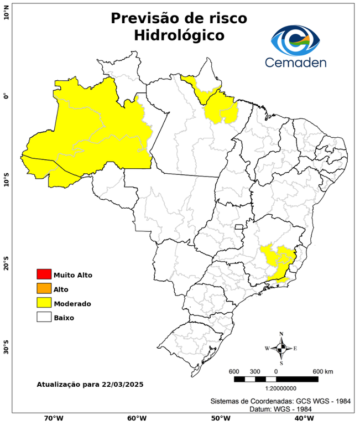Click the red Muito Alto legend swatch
(44, 274)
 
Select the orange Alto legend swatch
(44, 288)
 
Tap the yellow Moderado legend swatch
(44, 303)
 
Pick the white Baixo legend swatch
(44, 317)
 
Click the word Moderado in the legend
(72, 303)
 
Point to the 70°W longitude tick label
(53, 418)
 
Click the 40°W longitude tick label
(302, 418)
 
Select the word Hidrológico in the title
(179, 35)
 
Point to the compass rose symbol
(281, 348)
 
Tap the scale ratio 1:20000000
(276, 388)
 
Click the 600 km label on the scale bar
(323, 371)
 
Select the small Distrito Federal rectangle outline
(239, 227)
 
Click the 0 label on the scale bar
(275, 371)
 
